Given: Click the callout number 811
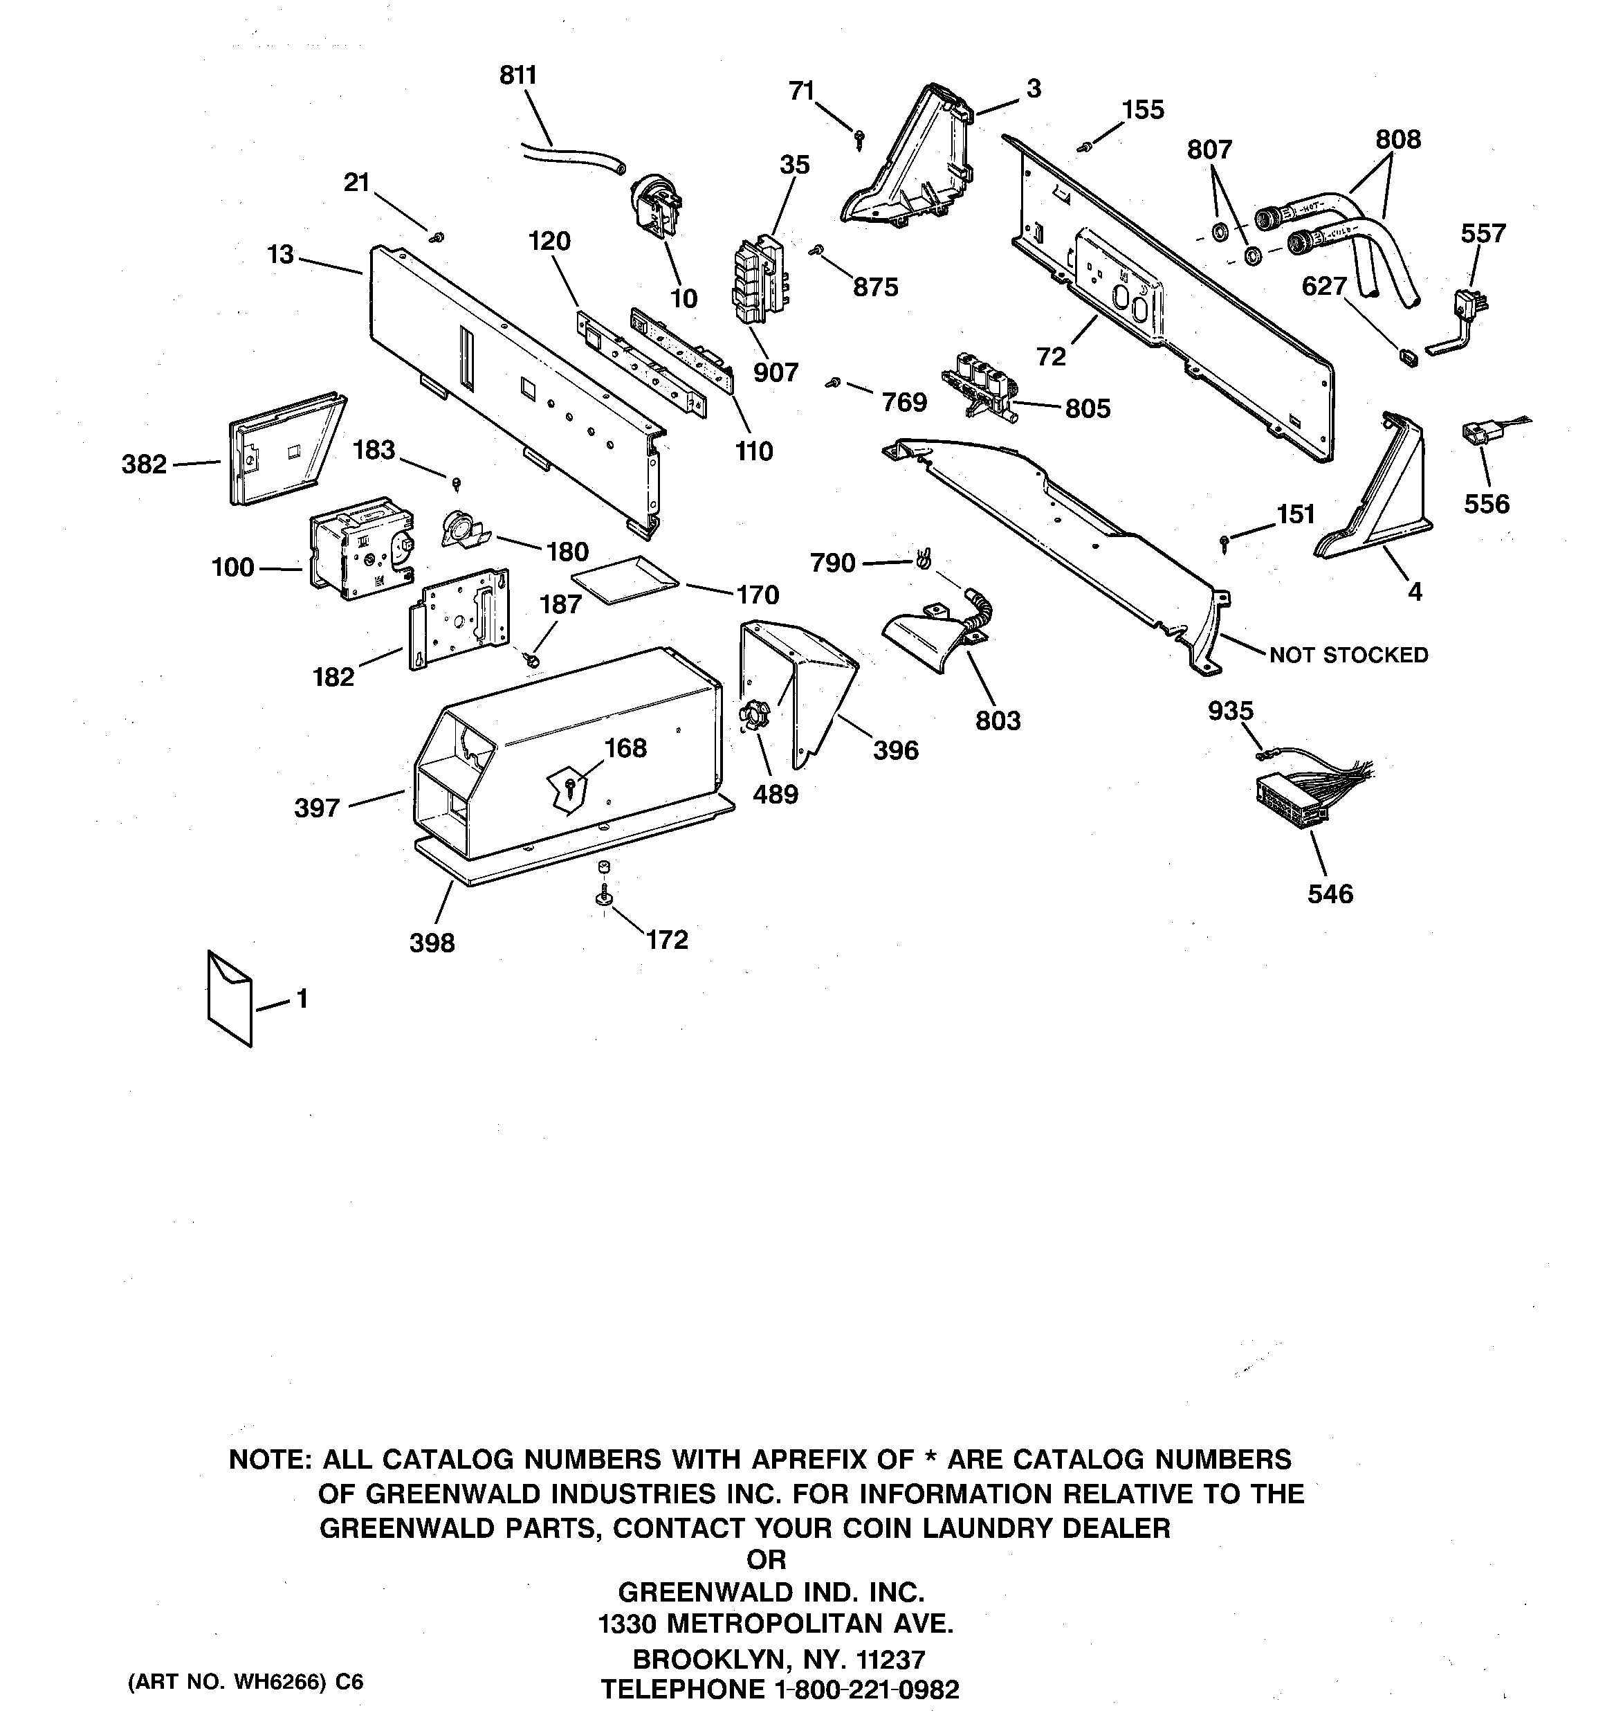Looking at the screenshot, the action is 517,76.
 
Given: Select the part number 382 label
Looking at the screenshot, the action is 144,464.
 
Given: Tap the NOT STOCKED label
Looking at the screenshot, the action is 1348,655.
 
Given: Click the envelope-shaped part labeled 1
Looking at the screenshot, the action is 229,998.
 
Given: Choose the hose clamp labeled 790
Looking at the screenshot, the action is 923,559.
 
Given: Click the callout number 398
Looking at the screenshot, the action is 432,943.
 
